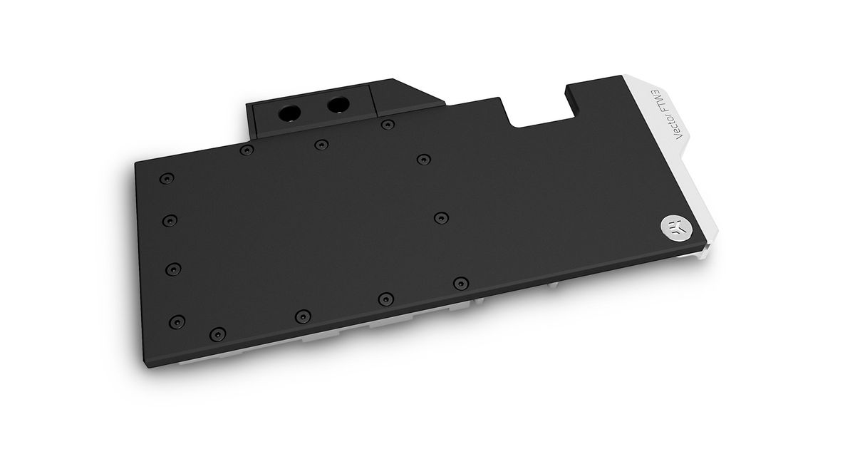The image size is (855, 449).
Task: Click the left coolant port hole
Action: [x=290, y=113]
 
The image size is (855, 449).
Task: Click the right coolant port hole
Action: [x=338, y=104]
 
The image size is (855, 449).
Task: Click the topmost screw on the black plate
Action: [x=388, y=124]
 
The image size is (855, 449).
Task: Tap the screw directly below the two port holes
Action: [x=321, y=144]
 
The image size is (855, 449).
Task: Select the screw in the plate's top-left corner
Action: [x=167, y=178]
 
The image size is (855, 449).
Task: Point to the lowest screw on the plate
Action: [x=217, y=334]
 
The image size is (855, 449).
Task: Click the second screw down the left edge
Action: [x=170, y=220]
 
